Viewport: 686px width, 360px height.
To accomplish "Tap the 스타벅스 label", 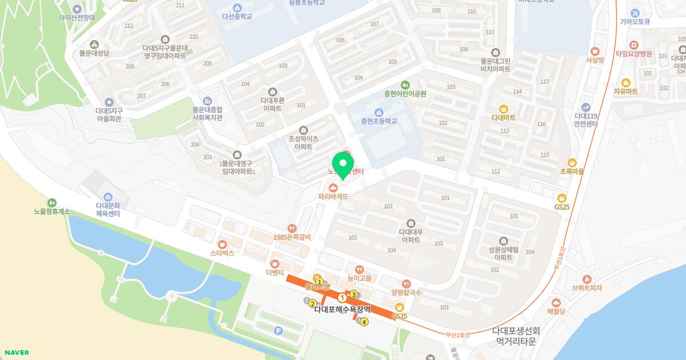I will (222, 252).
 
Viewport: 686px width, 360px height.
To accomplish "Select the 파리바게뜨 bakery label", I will (333, 195).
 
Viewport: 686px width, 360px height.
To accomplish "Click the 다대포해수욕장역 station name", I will (342, 309).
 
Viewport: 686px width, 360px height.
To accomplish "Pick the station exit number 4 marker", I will (364, 322).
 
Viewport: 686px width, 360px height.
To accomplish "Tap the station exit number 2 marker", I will (313, 303).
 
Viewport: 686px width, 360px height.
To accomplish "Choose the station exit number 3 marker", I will (354, 294).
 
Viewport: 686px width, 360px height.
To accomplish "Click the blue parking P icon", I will (278, 331).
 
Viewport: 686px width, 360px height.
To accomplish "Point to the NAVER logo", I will (16, 353).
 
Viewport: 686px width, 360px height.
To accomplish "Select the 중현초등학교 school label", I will (378, 121).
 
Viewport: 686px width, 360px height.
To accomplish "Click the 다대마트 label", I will (503, 117).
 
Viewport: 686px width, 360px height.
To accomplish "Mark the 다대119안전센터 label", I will (586, 119).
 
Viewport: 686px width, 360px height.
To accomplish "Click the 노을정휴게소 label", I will (51, 211).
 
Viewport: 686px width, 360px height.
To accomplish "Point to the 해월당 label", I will (556, 311).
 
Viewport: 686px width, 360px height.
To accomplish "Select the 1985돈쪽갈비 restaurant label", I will (292, 237).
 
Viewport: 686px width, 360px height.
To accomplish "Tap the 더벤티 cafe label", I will (275, 272).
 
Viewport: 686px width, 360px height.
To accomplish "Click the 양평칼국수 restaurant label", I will (406, 292).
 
